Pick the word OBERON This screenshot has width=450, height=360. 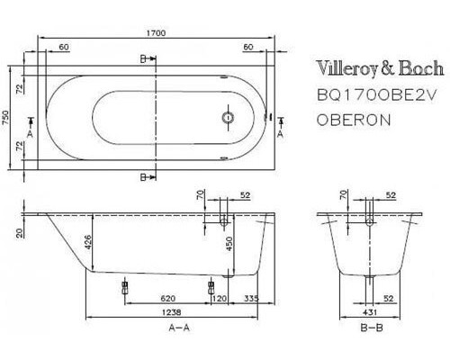[353, 119]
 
